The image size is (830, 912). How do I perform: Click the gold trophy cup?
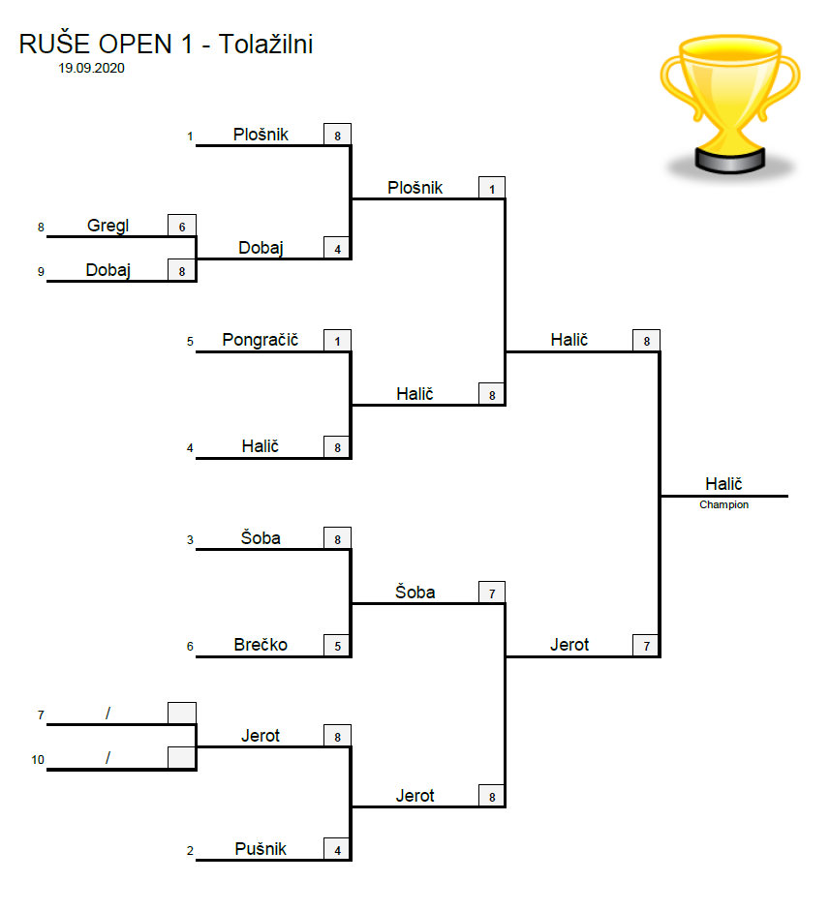[x=730, y=102]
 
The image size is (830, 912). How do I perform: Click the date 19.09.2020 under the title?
[x=92, y=69]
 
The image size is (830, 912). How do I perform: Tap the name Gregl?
[x=108, y=226]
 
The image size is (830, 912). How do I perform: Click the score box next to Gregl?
[x=181, y=226]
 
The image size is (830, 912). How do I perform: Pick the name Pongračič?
[x=260, y=340]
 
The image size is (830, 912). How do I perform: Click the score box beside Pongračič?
[x=337, y=340]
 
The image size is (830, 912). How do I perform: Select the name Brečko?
[x=261, y=645]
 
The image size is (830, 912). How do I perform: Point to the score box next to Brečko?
[x=337, y=646]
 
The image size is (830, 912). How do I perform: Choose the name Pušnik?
[x=261, y=849]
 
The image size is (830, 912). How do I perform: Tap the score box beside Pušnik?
[x=337, y=850]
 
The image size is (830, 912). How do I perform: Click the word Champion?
[x=723, y=504]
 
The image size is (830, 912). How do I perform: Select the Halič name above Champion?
[x=723, y=484]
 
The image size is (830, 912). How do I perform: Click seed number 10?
[x=38, y=760]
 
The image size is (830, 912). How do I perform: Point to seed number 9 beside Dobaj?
[x=42, y=272]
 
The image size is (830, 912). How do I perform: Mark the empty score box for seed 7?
[x=181, y=714]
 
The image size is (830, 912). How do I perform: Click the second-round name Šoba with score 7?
[x=415, y=592]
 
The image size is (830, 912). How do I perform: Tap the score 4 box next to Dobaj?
[x=337, y=249]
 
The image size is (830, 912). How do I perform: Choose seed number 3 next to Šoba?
[x=191, y=540]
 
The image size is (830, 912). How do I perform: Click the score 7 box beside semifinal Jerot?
[x=646, y=645]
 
